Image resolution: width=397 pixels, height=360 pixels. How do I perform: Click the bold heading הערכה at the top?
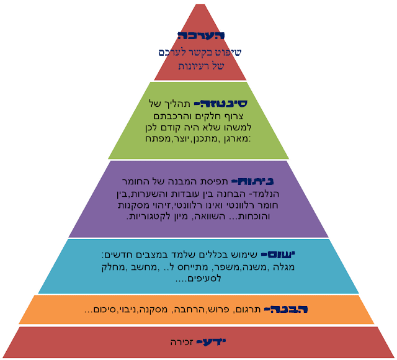pos(200,36)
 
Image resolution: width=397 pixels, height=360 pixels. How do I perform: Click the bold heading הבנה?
pos(286,309)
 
